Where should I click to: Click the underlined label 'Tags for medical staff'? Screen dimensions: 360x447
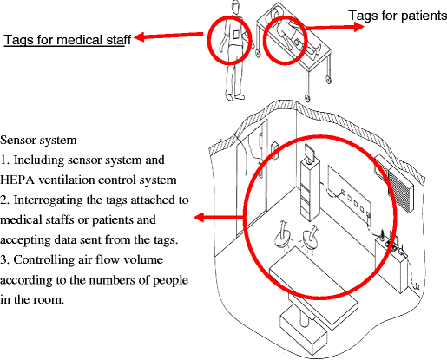[67, 40]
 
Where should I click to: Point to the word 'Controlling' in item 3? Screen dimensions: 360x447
[45, 260]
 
